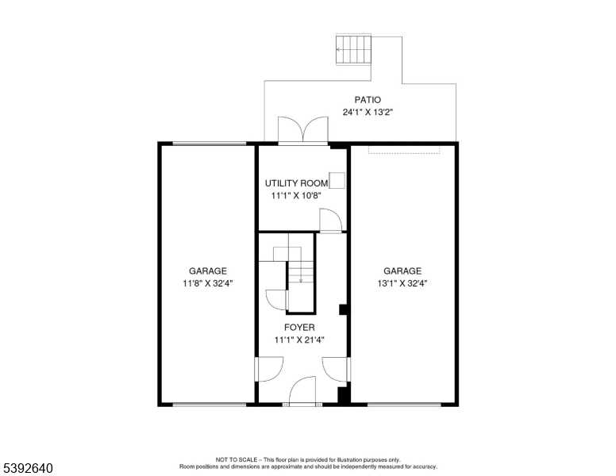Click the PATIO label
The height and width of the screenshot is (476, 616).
(368, 100)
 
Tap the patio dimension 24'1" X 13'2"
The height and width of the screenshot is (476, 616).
(368, 113)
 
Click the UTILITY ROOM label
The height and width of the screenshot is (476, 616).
(296, 183)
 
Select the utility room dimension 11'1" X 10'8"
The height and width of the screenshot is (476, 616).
(296, 195)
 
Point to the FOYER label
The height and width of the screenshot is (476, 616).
(299, 327)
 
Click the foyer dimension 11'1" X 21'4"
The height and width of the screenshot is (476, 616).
(299, 340)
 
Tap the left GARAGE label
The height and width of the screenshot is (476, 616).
(207, 271)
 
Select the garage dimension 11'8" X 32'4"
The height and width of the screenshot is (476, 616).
(207, 282)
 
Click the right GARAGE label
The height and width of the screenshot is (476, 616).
(402, 271)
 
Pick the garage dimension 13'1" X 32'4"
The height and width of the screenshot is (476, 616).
(402, 282)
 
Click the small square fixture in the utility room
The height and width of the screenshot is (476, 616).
(337, 180)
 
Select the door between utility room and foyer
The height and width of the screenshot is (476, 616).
(329, 221)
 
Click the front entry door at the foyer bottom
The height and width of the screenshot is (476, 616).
(302, 392)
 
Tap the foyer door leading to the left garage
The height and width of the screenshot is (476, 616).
(269, 369)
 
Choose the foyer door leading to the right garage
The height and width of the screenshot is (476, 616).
(335, 369)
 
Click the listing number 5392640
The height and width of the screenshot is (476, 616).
(28, 469)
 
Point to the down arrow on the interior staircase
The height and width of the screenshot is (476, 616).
(301, 278)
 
